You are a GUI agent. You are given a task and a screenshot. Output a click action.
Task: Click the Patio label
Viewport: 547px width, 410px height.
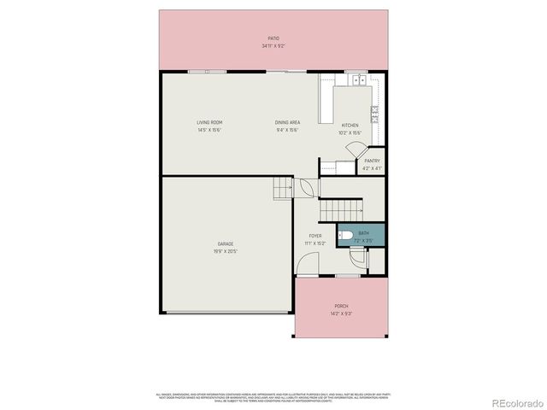coord(273,38)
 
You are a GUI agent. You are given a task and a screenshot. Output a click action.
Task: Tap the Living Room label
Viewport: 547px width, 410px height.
coord(210,122)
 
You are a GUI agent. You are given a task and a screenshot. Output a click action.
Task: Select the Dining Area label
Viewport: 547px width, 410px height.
coord(287,122)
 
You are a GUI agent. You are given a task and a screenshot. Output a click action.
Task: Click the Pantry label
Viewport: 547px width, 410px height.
coord(372,161)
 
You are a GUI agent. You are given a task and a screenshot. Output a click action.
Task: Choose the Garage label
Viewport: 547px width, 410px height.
coord(225,243)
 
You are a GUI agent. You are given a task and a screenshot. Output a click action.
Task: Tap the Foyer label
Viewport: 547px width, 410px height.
coord(315,236)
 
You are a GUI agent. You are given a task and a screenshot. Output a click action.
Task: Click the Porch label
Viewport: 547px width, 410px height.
coord(341,306)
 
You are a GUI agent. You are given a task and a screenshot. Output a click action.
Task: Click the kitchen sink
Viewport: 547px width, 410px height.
coord(358,81)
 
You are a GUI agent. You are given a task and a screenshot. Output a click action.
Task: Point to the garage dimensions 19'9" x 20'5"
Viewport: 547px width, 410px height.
coord(225,251)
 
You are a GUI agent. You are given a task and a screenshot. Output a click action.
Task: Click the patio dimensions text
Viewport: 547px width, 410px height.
coord(273,45)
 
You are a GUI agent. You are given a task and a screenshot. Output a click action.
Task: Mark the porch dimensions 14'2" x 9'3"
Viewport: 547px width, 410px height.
coord(341,313)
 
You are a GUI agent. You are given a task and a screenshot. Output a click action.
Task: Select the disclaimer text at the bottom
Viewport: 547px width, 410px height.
coord(273,397)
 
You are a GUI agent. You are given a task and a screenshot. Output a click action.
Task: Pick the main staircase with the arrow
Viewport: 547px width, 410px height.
coord(341,208)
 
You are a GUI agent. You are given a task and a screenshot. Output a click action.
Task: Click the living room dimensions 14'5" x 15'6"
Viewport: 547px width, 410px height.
coord(210,130)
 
